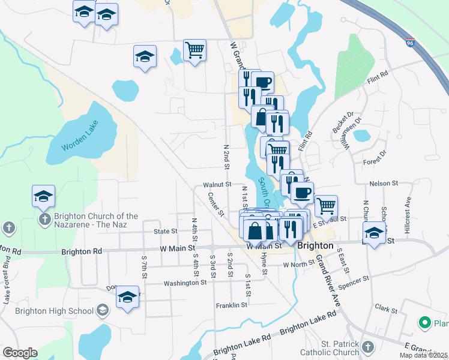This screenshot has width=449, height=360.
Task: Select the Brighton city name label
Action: click(315, 245)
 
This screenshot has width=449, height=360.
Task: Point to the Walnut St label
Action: click(217, 185)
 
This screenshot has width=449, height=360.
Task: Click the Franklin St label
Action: click(232, 305)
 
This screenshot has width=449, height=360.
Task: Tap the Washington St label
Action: click(185, 282)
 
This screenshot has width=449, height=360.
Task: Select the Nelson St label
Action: click(384, 183)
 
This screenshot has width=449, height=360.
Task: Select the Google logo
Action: click(20, 353)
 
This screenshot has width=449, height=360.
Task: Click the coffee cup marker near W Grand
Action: click(262, 82)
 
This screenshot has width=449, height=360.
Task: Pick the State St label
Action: click(166, 230)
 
